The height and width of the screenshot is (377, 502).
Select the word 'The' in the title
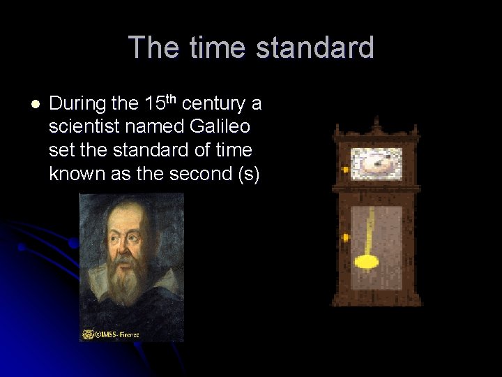pyautogui.click(x=149, y=48)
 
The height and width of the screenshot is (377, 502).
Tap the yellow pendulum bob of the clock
pyautogui.click(x=366, y=262)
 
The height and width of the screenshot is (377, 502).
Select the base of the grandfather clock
pyautogui.click(x=376, y=298)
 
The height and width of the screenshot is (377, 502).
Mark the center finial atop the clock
pyautogui.click(x=376, y=124)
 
